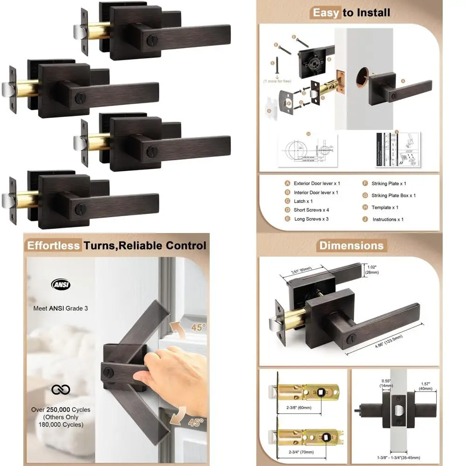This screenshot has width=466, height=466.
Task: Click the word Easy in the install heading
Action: [326, 13]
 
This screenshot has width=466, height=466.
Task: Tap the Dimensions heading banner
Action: [350, 246]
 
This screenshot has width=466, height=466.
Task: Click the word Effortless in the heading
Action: [54, 246]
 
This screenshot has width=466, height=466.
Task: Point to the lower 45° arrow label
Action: [196, 423]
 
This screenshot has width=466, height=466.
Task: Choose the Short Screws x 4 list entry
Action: [311, 210]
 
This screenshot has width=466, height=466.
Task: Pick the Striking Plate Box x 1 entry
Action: [393, 196]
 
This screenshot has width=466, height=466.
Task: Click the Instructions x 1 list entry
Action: [387, 219]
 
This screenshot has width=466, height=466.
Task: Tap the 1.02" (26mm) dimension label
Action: [372, 269]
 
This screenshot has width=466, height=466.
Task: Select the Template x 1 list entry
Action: [384, 207]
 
